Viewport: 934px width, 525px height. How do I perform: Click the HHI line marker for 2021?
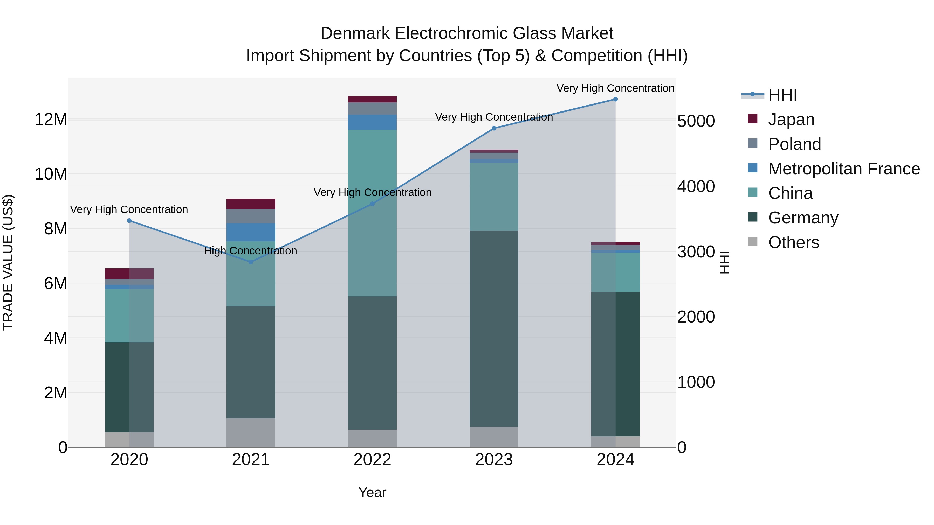251,262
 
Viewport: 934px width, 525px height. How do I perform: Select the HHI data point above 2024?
615,99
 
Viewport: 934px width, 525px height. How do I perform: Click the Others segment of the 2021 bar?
251,433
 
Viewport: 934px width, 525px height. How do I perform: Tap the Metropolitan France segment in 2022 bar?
372,122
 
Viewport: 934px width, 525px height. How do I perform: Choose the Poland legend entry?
794,144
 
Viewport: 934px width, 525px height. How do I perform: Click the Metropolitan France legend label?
844,169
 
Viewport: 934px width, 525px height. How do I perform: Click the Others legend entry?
793,242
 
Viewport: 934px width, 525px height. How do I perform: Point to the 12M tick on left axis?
51,120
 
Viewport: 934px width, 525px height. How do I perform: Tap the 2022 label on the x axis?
372,460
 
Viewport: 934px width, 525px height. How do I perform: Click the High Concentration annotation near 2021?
251,251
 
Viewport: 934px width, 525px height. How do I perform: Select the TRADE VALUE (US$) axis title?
8,262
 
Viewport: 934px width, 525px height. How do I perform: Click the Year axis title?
372,492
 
